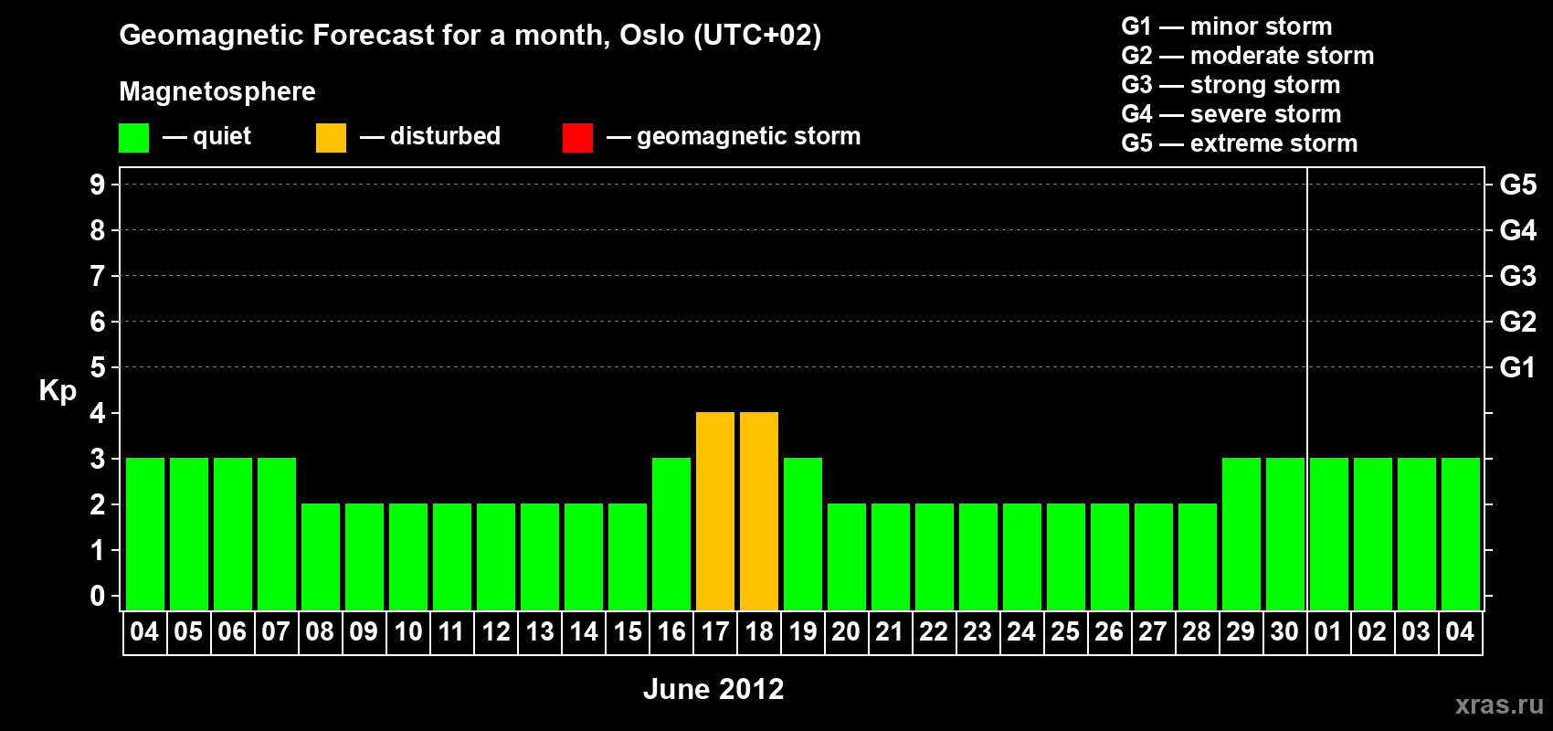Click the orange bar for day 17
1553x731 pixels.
tap(714, 511)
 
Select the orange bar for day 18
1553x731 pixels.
tap(759, 511)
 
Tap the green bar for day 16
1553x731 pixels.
tap(671, 534)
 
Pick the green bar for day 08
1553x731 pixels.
tap(321, 556)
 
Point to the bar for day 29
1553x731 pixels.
tap(1241, 534)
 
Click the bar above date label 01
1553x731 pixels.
tap(1329, 534)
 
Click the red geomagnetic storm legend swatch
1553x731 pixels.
tap(577, 137)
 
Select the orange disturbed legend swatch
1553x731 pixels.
tap(331, 137)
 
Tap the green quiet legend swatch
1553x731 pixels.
tap(133, 137)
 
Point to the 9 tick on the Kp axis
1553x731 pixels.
tap(98, 185)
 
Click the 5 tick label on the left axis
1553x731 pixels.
tap(98, 367)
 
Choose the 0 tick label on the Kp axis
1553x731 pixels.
tap(98, 597)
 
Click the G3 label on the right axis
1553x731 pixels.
tap(1517, 276)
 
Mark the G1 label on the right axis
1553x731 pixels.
tap(1517, 367)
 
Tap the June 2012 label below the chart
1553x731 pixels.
tap(713, 689)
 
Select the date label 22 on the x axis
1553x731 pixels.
tap(934, 631)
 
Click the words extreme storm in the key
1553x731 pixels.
tap(1273, 143)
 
